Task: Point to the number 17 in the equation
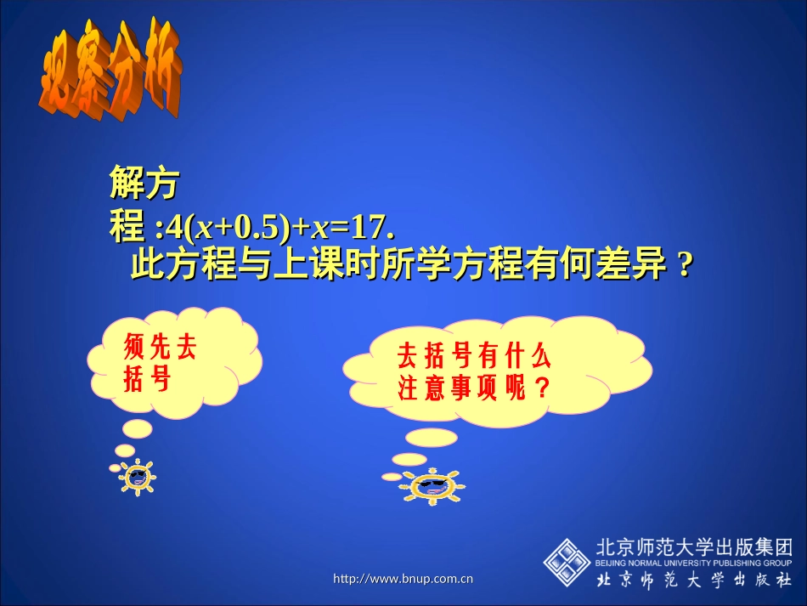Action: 367,229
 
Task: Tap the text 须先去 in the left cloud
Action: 161,348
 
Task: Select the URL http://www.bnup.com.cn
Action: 403,580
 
